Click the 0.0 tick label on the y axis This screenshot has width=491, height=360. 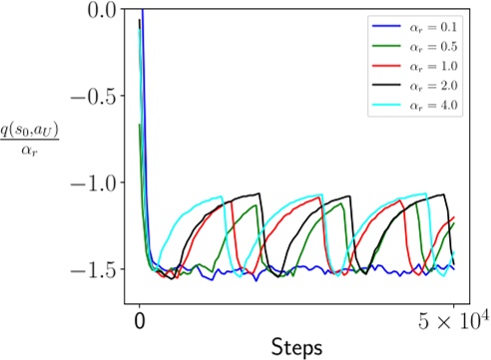100,11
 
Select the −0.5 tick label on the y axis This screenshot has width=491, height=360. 92,97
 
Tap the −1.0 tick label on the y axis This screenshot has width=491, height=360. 92,183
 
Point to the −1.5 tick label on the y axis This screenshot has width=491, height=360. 92,269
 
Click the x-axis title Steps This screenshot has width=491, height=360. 296,347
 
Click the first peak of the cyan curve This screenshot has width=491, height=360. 221,196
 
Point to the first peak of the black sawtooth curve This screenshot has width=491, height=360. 259,193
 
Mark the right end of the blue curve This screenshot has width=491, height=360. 454,268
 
